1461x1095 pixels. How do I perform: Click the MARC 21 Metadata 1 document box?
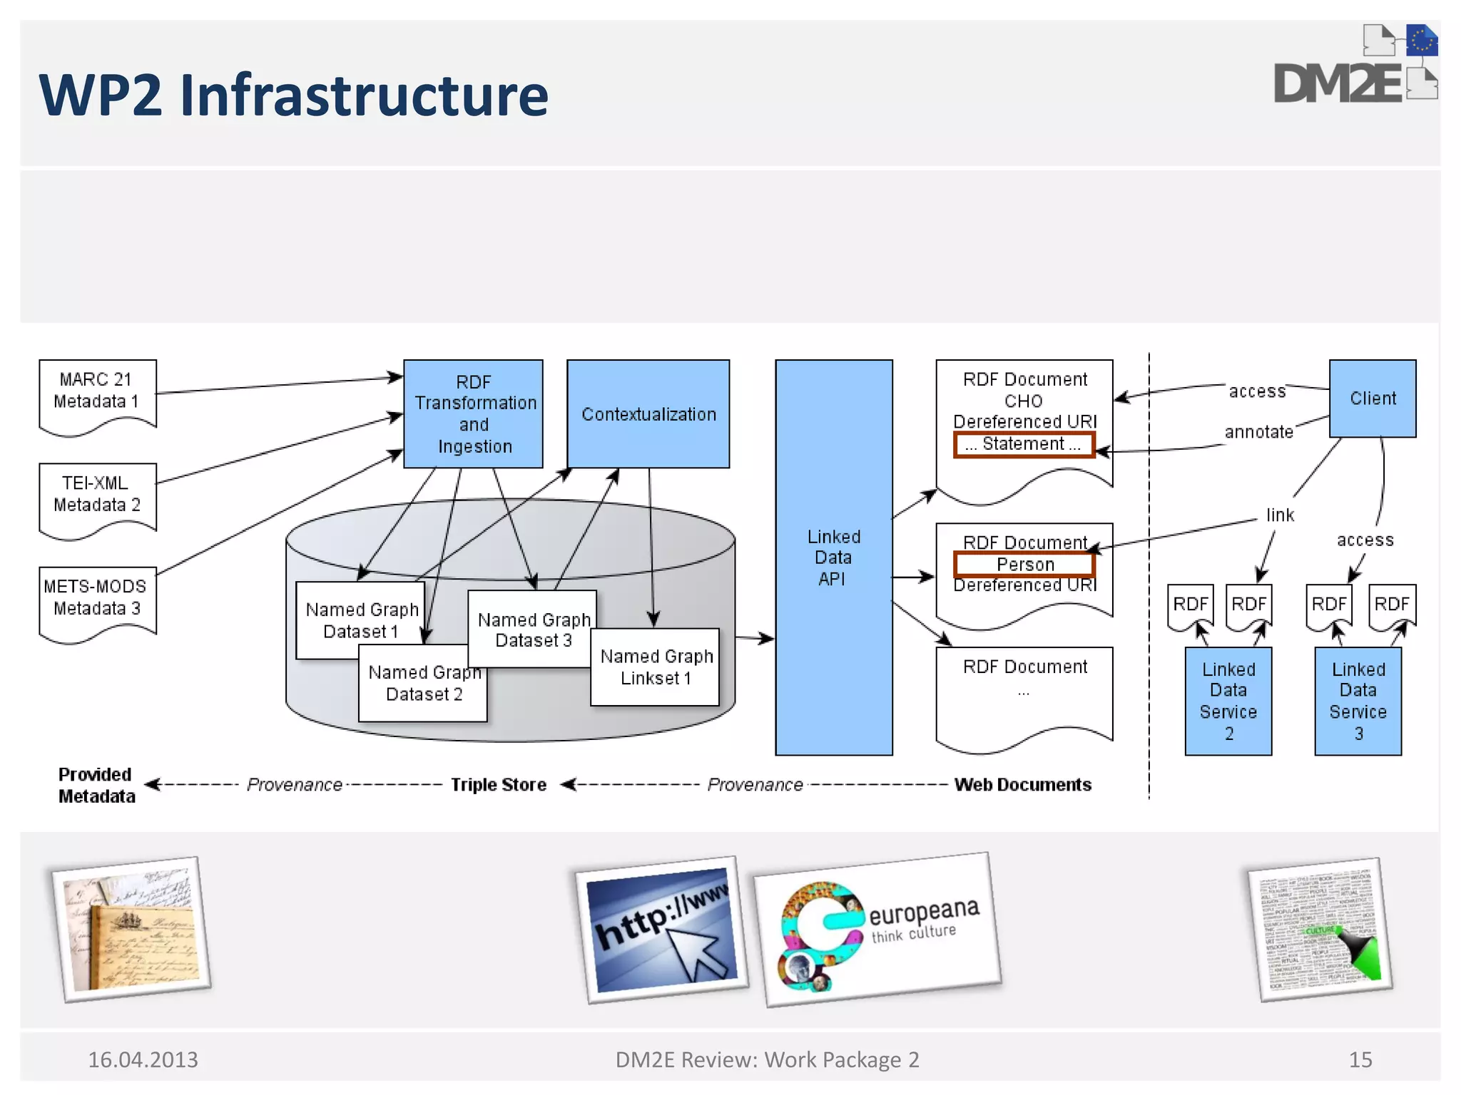(97, 392)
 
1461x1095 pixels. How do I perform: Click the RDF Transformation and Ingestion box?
(474, 413)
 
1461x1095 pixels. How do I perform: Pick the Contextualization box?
(648, 413)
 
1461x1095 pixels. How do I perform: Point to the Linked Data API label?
(833, 557)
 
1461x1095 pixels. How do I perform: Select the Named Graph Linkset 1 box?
(656, 667)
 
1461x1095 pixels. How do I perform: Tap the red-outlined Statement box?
(1024, 444)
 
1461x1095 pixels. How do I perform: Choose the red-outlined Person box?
(1024, 565)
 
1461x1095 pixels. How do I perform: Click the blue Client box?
(1372, 399)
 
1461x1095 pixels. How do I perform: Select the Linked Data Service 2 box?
(1228, 701)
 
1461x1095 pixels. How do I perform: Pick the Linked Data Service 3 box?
(1358, 701)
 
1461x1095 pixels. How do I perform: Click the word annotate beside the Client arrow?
(1258, 432)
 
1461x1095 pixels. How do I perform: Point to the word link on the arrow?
(1280, 515)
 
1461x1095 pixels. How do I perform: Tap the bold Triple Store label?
(498, 785)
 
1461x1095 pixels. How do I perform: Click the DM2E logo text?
(1338, 84)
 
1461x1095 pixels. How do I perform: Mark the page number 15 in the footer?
(1360, 1060)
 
